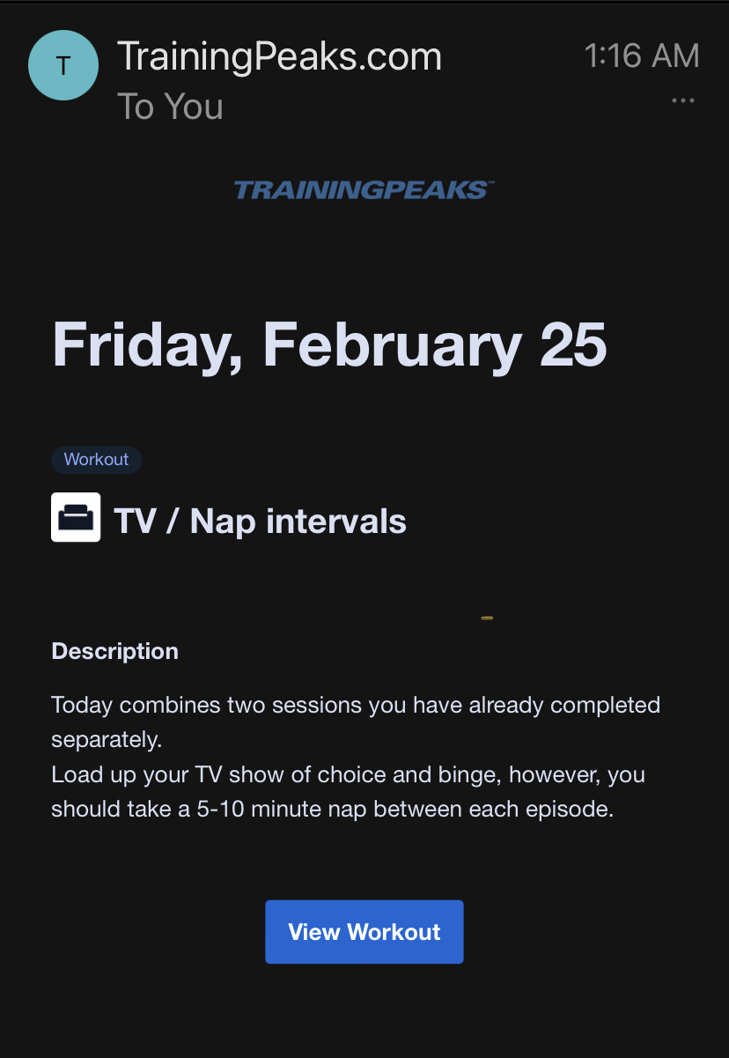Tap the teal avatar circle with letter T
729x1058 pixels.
(x=63, y=65)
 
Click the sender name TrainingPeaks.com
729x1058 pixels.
(x=279, y=56)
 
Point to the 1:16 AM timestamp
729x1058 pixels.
(x=642, y=55)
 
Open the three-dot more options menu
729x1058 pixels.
(x=682, y=100)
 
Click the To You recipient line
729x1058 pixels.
(x=170, y=107)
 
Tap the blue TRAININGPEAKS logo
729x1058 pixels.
(x=364, y=190)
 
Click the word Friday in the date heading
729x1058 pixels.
(x=147, y=345)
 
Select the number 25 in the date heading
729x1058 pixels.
(x=573, y=344)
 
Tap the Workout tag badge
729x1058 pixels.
(x=96, y=460)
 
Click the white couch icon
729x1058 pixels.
(x=76, y=517)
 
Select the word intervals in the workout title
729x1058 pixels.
(x=336, y=522)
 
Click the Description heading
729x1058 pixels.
(x=114, y=651)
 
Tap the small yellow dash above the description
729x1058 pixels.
(x=487, y=618)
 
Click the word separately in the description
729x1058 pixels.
(x=107, y=740)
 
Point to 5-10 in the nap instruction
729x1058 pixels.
(x=220, y=809)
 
